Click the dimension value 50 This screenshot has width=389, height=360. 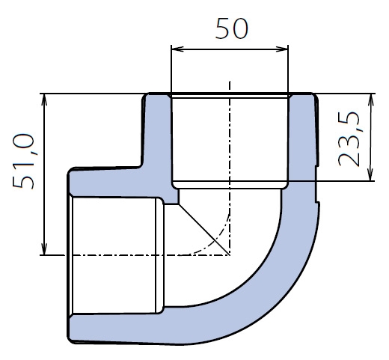tap(232, 28)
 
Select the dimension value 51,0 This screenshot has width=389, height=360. tap(23, 162)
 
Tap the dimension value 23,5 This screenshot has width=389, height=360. tap(349, 138)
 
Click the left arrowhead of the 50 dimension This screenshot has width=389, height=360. tap(177, 49)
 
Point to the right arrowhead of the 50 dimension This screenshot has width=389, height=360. tap(282, 49)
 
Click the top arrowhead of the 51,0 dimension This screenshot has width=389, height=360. tap(44, 100)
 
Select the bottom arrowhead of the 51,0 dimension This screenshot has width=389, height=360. tap(44, 248)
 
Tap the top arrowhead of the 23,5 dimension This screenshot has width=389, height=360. tap(371, 100)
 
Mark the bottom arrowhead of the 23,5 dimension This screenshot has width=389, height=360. tap(371, 174)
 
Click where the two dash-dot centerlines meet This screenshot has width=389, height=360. tap(230, 255)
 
